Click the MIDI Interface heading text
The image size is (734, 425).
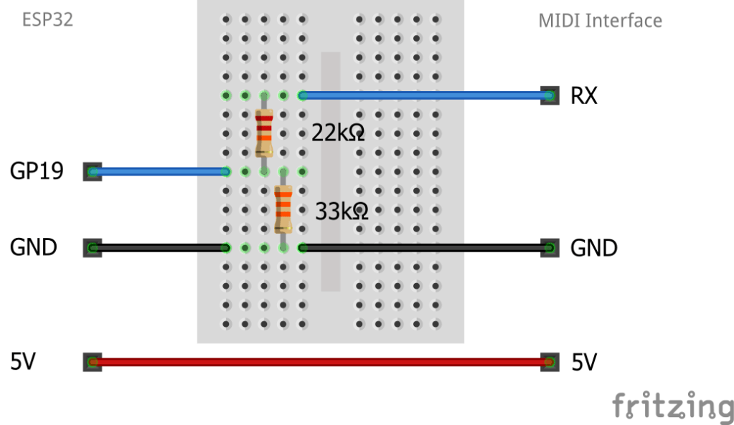[600, 20]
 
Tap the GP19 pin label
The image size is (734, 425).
[37, 171]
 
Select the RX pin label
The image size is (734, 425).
[583, 95]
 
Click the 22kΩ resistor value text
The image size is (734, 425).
[338, 132]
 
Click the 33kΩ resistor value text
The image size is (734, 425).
[342, 211]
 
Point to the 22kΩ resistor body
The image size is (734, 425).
[264, 133]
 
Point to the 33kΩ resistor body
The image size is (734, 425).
[283, 209]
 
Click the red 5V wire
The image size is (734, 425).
[320, 362]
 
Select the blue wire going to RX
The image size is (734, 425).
[423, 95]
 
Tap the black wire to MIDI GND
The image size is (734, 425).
[423, 248]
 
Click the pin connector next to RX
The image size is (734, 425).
[550, 95]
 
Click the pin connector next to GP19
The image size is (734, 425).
[92, 171]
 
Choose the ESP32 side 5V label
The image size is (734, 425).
[23, 362]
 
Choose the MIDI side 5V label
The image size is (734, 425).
[584, 363]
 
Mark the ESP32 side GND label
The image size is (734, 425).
[34, 248]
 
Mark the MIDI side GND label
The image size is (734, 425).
[593, 248]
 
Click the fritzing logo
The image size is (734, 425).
[672, 406]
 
